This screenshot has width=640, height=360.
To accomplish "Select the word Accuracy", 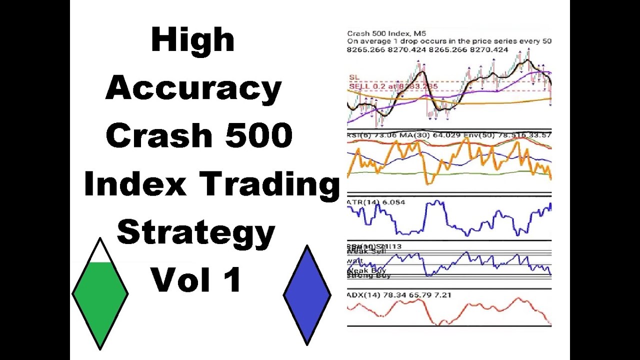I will pyautogui.click(x=193, y=88).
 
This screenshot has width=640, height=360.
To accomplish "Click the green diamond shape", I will pyautogui.click(x=100, y=300).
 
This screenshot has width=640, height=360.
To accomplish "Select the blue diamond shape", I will pyautogui.click(x=307, y=295).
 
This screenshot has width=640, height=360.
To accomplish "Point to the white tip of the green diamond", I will pyautogui.click(x=100, y=252).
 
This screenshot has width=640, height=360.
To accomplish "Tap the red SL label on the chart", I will pyautogui.click(x=354, y=77).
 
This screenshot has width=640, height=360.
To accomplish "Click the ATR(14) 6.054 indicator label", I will pyautogui.click(x=369, y=202).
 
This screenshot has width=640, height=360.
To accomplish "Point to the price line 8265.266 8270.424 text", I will pyautogui.click(x=427, y=49).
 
